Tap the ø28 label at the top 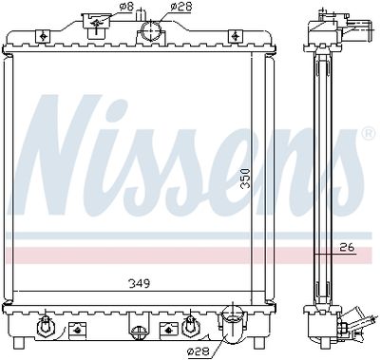tap(180, 7)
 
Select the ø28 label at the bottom tap(199, 351)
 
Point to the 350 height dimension tap(245, 179)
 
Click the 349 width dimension tap(139, 283)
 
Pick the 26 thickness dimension tap(347, 247)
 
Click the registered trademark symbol tap(369, 133)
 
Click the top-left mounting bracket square tap(43, 36)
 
